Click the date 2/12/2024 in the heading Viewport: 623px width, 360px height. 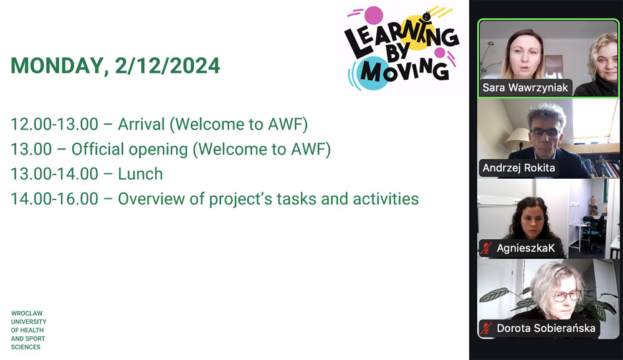(x=167, y=66)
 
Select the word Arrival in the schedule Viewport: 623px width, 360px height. (x=141, y=125)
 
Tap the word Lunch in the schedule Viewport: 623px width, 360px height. (x=140, y=174)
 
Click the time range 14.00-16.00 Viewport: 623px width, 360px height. (x=54, y=199)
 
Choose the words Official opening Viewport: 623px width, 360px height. (x=130, y=150)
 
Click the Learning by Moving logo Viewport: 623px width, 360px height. (x=401, y=48)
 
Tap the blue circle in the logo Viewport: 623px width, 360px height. (x=373, y=73)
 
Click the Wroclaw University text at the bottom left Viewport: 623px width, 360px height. (x=28, y=330)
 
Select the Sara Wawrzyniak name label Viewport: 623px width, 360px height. (x=525, y=87)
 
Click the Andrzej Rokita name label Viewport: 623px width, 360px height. (x=518, y=168)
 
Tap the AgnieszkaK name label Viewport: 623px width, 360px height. (x=522, y=248)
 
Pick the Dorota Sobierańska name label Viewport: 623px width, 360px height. (x=539, y=328)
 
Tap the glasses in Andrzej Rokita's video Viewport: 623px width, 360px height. (x=546, y=133)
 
